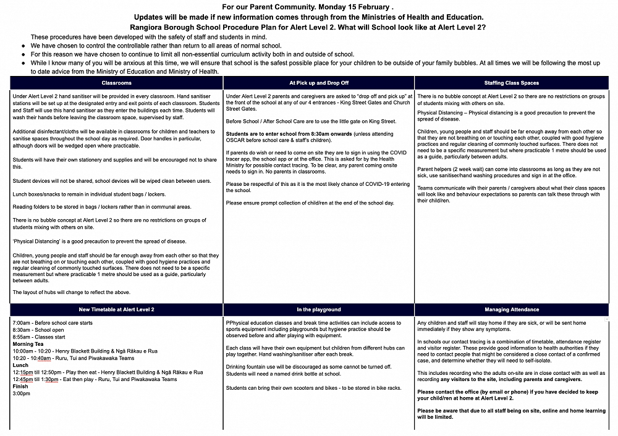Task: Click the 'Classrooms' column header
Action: (x=116, y=83)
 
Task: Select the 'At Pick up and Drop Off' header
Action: (x=318, y=83)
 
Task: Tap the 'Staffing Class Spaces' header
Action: (x=512, y=83)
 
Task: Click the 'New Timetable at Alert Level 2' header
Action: (x=116, y=309)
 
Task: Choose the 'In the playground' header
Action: (x=318, y=309)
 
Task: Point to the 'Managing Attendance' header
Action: (x=512, y=309)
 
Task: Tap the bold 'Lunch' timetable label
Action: (x=21, y=365)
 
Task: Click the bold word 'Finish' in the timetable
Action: (x=21, y=386)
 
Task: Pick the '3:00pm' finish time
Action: (x=22, y=393)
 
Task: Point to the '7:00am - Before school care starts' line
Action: (x=53, y=323)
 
